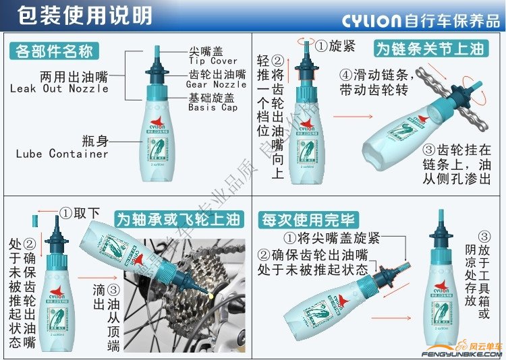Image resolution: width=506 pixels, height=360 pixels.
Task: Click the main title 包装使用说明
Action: (x=74, y=15)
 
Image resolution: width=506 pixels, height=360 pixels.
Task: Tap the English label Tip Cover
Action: (x=213, y=61)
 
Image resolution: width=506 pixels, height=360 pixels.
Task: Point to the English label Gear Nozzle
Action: (x=216, y=84)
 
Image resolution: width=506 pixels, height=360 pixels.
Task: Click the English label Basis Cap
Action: (x=213, y=107)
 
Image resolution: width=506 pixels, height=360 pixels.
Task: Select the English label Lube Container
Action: (x=62, y=154)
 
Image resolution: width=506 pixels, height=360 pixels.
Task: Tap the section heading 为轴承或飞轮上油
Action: (x=177, y=219)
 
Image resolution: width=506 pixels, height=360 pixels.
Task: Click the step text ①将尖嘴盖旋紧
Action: (x=331, y=238)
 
